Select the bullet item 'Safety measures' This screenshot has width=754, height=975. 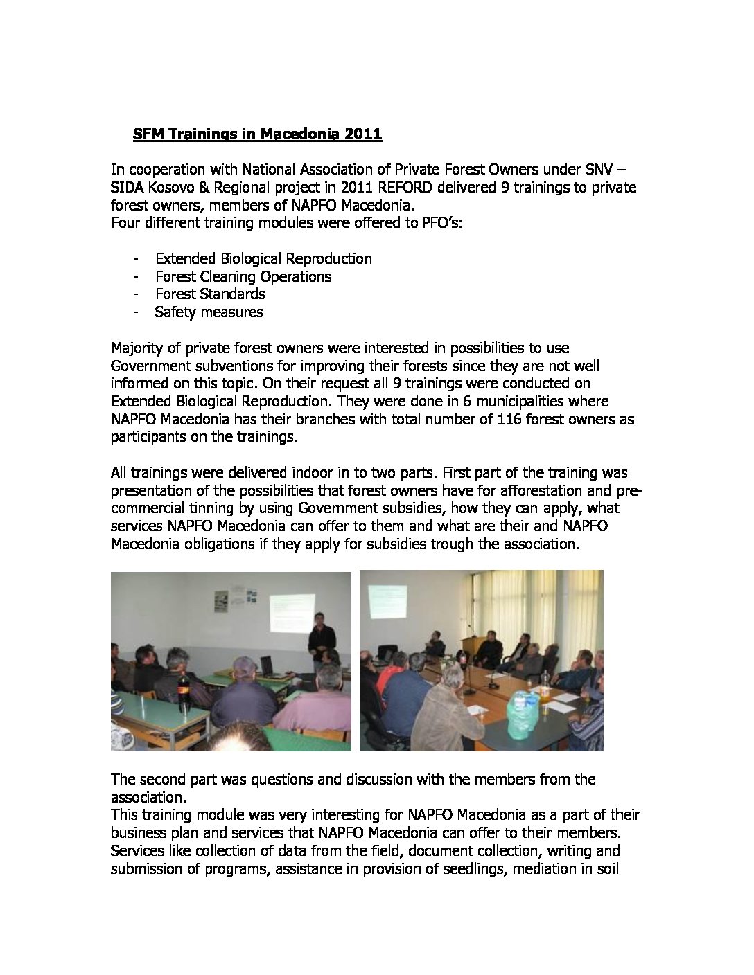coord(209,312)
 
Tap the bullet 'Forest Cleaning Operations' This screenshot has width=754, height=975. coord(243,276)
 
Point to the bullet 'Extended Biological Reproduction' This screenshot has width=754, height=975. coord(263,258)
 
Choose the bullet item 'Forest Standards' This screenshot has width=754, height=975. coord(210,294)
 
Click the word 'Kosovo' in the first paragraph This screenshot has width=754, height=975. coord(166,188)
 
